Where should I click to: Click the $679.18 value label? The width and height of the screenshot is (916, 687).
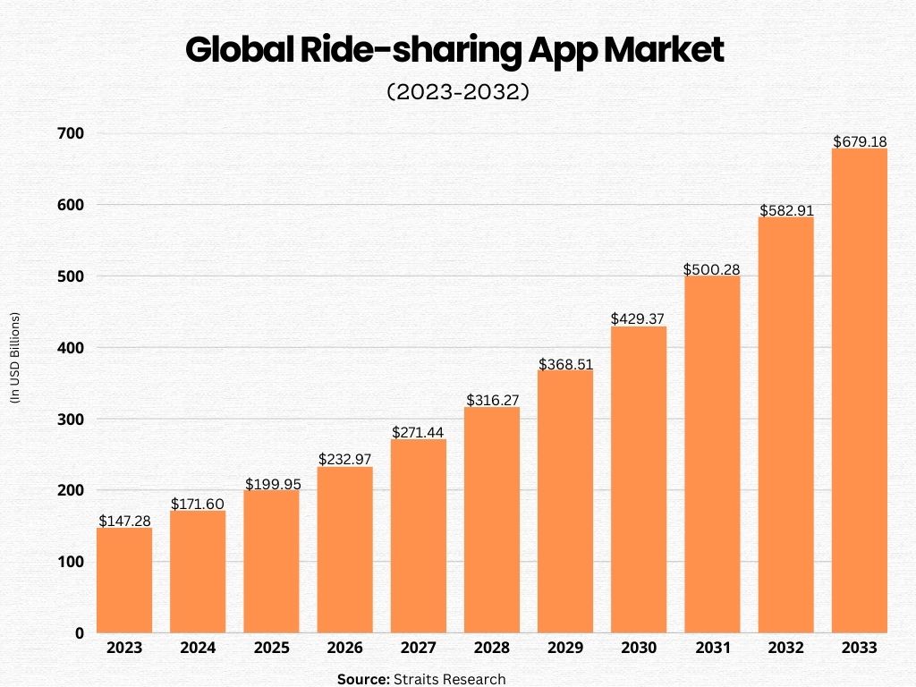[859, 141]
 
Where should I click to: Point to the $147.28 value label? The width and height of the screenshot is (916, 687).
[124, 521]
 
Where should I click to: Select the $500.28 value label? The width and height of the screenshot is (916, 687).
[712, 269]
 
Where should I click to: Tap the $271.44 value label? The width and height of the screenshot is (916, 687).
[418, 432]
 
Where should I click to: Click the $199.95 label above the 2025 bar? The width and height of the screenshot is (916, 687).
[271, 483]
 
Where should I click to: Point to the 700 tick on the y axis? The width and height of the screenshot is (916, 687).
[72, 133]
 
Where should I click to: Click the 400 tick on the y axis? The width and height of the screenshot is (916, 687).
[72, 347]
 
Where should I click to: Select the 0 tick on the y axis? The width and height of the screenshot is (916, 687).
[79, 632]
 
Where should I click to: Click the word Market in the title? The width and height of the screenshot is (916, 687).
[664, 52]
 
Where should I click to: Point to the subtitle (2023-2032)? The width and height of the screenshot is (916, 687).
[458, 92]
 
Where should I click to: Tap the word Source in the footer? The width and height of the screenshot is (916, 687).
[363, 679]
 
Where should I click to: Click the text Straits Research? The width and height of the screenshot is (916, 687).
[449, 679]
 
